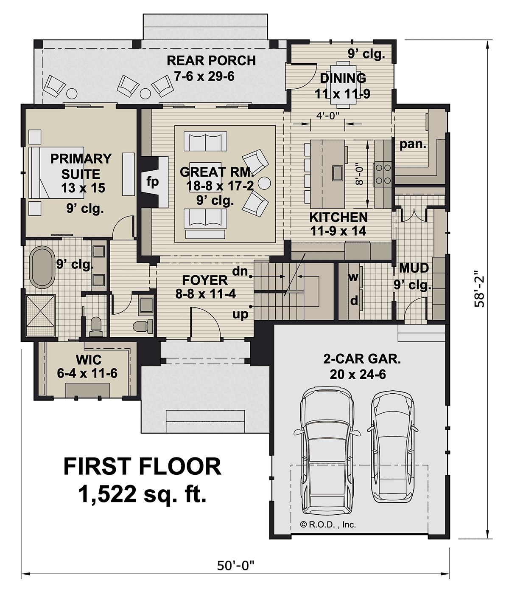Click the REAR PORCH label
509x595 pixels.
(211, 60)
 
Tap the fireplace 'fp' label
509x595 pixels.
(152, 182)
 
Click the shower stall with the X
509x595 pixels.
(40, 316)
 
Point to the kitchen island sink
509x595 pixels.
(338, 173)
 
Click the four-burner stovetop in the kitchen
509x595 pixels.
(383, 174)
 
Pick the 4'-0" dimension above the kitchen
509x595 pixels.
(328, 116)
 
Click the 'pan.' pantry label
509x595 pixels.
(413, 144)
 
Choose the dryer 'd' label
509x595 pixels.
(354, 301)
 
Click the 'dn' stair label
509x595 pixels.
(240, 271)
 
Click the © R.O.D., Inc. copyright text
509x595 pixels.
(328, 525)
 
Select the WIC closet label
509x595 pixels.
(89, 360)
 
